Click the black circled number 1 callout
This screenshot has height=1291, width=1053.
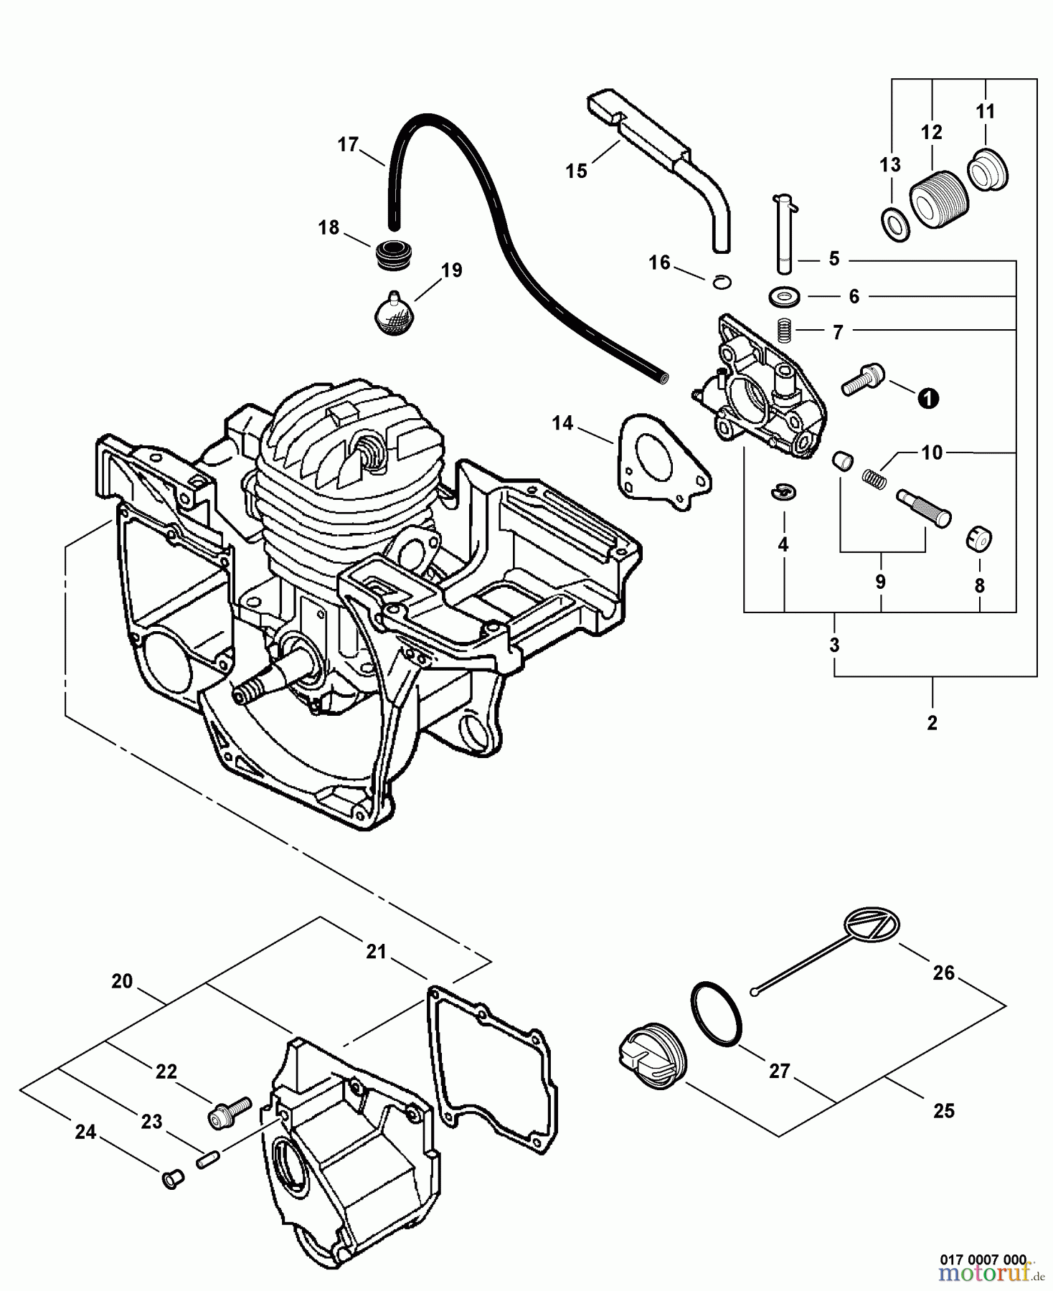point(928,398)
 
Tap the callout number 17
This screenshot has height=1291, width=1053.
point(348,146)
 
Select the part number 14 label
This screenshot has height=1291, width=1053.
point(562,424)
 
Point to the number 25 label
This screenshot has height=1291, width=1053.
point(944,1111)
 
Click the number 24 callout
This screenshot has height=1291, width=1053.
point(85,1132)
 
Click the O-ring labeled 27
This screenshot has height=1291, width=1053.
point(717,1012)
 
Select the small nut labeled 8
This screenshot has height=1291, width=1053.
point(978,537)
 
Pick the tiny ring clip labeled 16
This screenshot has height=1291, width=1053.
point(722,281)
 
